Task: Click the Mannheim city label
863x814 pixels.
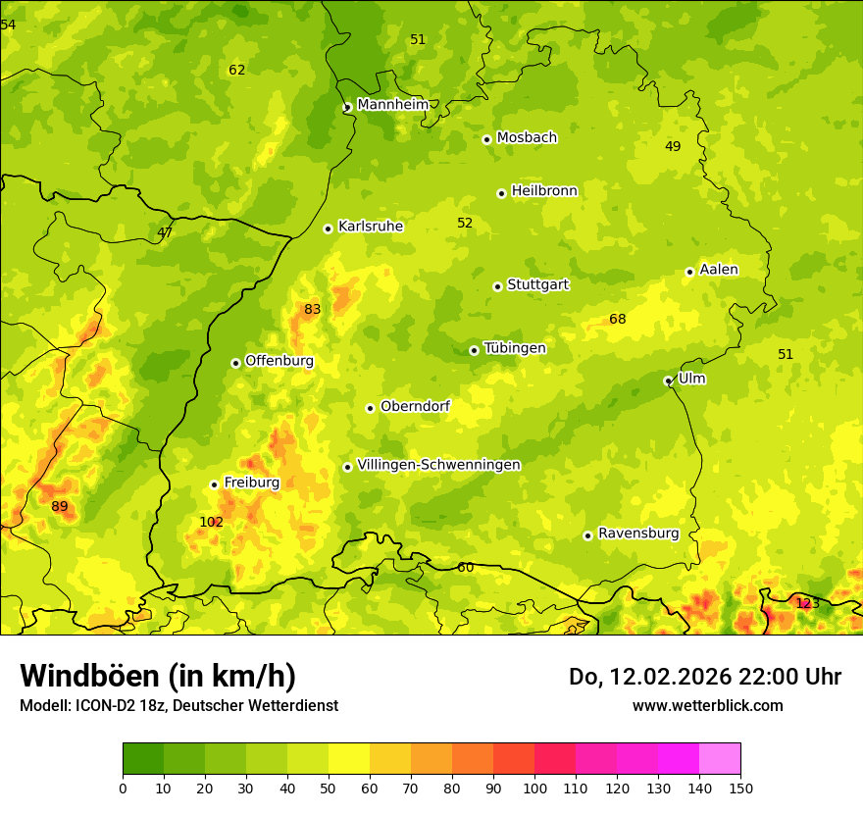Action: (x=392, y=104)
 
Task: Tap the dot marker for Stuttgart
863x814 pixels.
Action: (x=497, y=286)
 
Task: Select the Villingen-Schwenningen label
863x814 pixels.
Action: (x=438, y=465)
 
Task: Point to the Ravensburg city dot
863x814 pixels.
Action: (x=587, y=535)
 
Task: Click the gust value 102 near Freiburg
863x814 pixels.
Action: (x=211, y=522)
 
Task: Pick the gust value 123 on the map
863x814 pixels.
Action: (x=807, y=603)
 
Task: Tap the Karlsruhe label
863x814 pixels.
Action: (x=370, y=227)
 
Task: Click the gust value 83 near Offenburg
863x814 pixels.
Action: (x=312, y=309)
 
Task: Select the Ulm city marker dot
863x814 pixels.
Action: (x=668, y=381)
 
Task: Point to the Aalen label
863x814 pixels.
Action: (x=718, y=270)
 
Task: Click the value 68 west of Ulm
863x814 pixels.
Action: (x=617, y=319)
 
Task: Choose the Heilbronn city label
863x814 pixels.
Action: (x=544, y=191)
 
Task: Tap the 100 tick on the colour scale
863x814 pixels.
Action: (x=534, y=788)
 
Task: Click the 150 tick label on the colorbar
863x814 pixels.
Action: (x=740, y=788)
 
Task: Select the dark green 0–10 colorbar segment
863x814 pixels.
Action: (x=143, y=759)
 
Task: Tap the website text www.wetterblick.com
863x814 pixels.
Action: (x=707, y=705)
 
